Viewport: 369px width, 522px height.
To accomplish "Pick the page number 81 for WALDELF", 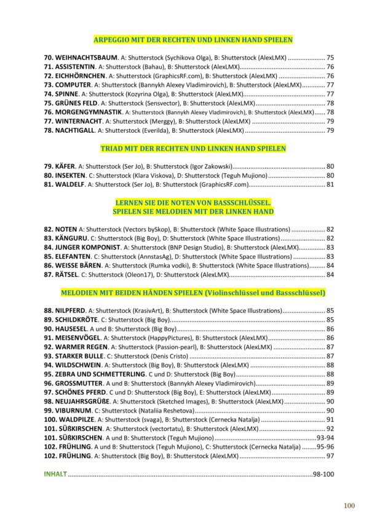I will (x=330, y=184).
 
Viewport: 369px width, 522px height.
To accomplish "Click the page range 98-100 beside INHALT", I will (x=323, y=475).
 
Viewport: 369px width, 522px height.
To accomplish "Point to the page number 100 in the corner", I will (x=349, y=505).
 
